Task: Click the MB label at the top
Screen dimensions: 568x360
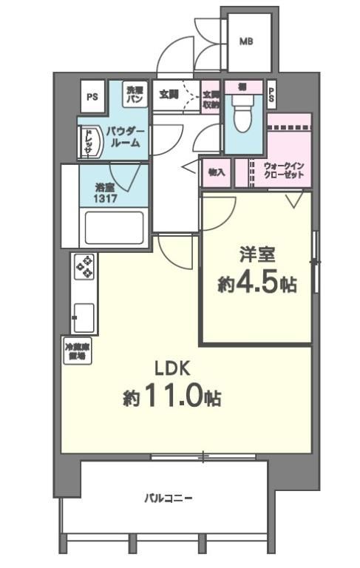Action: click(245, 42)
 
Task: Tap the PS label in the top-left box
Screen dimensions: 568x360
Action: click(92, 96)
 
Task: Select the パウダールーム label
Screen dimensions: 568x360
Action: click(126, 137)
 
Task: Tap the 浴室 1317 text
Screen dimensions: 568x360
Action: click(105, 195)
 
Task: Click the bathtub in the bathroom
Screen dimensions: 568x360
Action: click(113, 228)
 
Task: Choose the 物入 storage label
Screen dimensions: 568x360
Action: click(217, 172)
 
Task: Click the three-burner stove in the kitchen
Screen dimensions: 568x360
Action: click(85, 266)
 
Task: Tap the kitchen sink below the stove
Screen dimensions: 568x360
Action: click(83, 317)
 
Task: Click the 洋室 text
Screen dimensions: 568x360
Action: click(257, 255)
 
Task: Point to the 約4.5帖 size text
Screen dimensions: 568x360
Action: click(257, 284)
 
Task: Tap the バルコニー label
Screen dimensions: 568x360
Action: click(169, 498)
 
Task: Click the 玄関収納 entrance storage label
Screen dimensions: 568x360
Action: click(211, 99)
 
